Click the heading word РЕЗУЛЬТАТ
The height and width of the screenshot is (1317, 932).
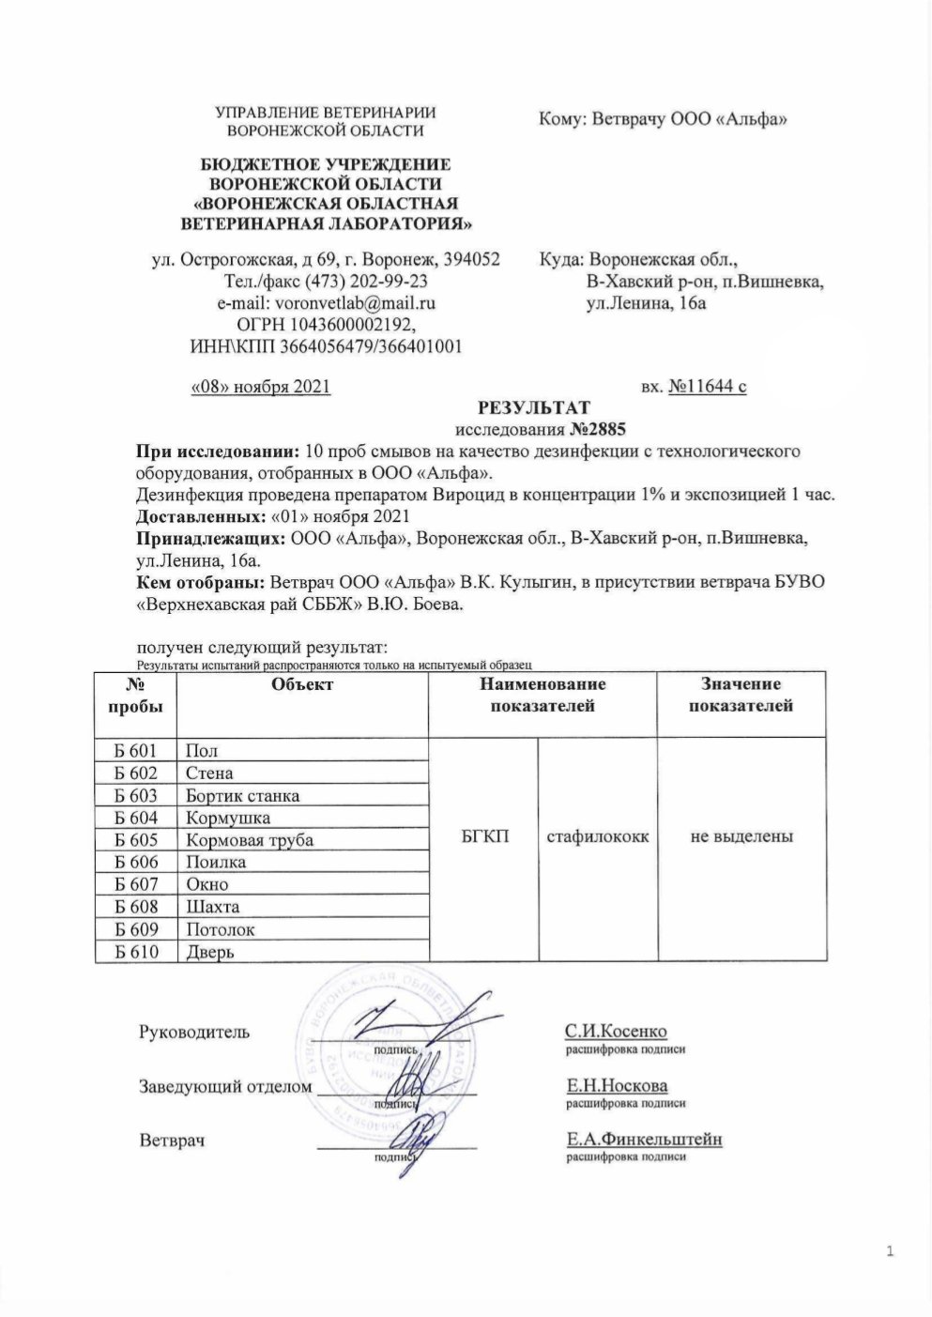(534, 407)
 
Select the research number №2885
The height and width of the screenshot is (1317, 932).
(597, 429)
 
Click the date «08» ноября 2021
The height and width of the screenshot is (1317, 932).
(260, 385)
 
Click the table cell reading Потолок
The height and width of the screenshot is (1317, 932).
(221, 929)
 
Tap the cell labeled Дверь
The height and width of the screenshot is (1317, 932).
(210, 952)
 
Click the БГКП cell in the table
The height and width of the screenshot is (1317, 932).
(485, 835)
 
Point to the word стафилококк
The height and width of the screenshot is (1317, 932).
(597, 835)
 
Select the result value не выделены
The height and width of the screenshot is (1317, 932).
(741, 835)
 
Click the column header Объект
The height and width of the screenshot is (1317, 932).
(301, 685)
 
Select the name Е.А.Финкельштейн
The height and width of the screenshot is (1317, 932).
(644, 1140)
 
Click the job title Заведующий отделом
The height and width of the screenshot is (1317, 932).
(225, 1087)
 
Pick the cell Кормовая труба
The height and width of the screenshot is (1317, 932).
(250, 840)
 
